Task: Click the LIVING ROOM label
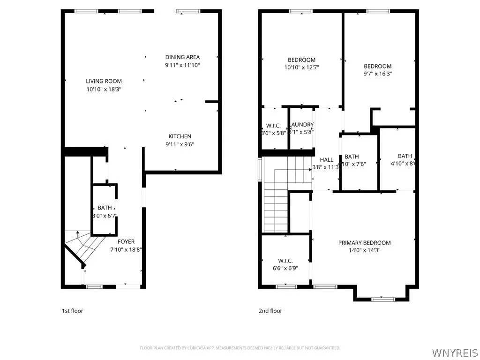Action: [x=104, y=81]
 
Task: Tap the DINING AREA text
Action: [x=182, y=57]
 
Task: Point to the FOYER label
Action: [x=126, y=242]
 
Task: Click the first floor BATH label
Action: [x=105, y=208]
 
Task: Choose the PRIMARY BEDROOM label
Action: [x=364, y=243]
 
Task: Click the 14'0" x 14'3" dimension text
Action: [x=364, y=250]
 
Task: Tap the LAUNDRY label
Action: [x=302, y=125]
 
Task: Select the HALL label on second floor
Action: [x=326, y=160]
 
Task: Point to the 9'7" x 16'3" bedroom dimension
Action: [x=377, y=74]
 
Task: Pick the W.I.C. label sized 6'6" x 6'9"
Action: [x=285, y=261]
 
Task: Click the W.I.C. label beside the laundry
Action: [x=274, y=125]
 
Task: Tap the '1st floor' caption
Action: [x=73, y=311]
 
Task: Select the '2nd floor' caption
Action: [x=270, y=311]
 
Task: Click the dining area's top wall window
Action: [x=188, y=11]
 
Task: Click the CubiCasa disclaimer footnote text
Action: [x=240, y=348]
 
